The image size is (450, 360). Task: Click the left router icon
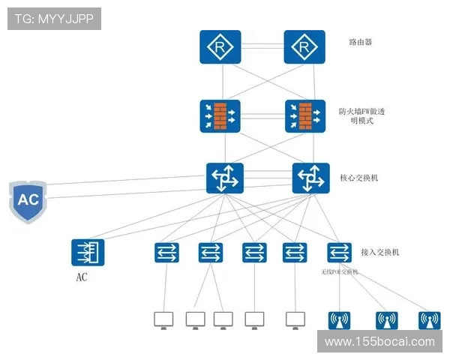click(x=220, y=46)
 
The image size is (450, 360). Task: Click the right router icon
click(x=304, y=46)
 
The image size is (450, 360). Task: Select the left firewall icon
click(x=220, y=115)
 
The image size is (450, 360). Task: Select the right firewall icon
click(x=304, y=115)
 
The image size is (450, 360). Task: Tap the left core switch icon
click(x=225, y=178)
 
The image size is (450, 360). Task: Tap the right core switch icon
click(x=310, y=178)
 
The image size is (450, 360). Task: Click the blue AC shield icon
click(x=27, y=200)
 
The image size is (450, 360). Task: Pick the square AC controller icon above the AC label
click(x=88, y=252)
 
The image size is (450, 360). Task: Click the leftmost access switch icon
click(x=166, y=252)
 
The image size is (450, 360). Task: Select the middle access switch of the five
click(x=254, y=252)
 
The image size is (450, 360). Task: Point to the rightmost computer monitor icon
click(x=295, y=319)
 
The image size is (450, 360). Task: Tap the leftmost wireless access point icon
click(x=340, y=320)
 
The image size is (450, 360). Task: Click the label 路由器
click(x=360, y=42)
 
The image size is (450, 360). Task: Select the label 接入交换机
click(x=379, y=252)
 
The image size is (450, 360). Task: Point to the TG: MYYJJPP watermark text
click(x=54, y=19)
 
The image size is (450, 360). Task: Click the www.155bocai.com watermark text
click(x=379, y=342)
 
